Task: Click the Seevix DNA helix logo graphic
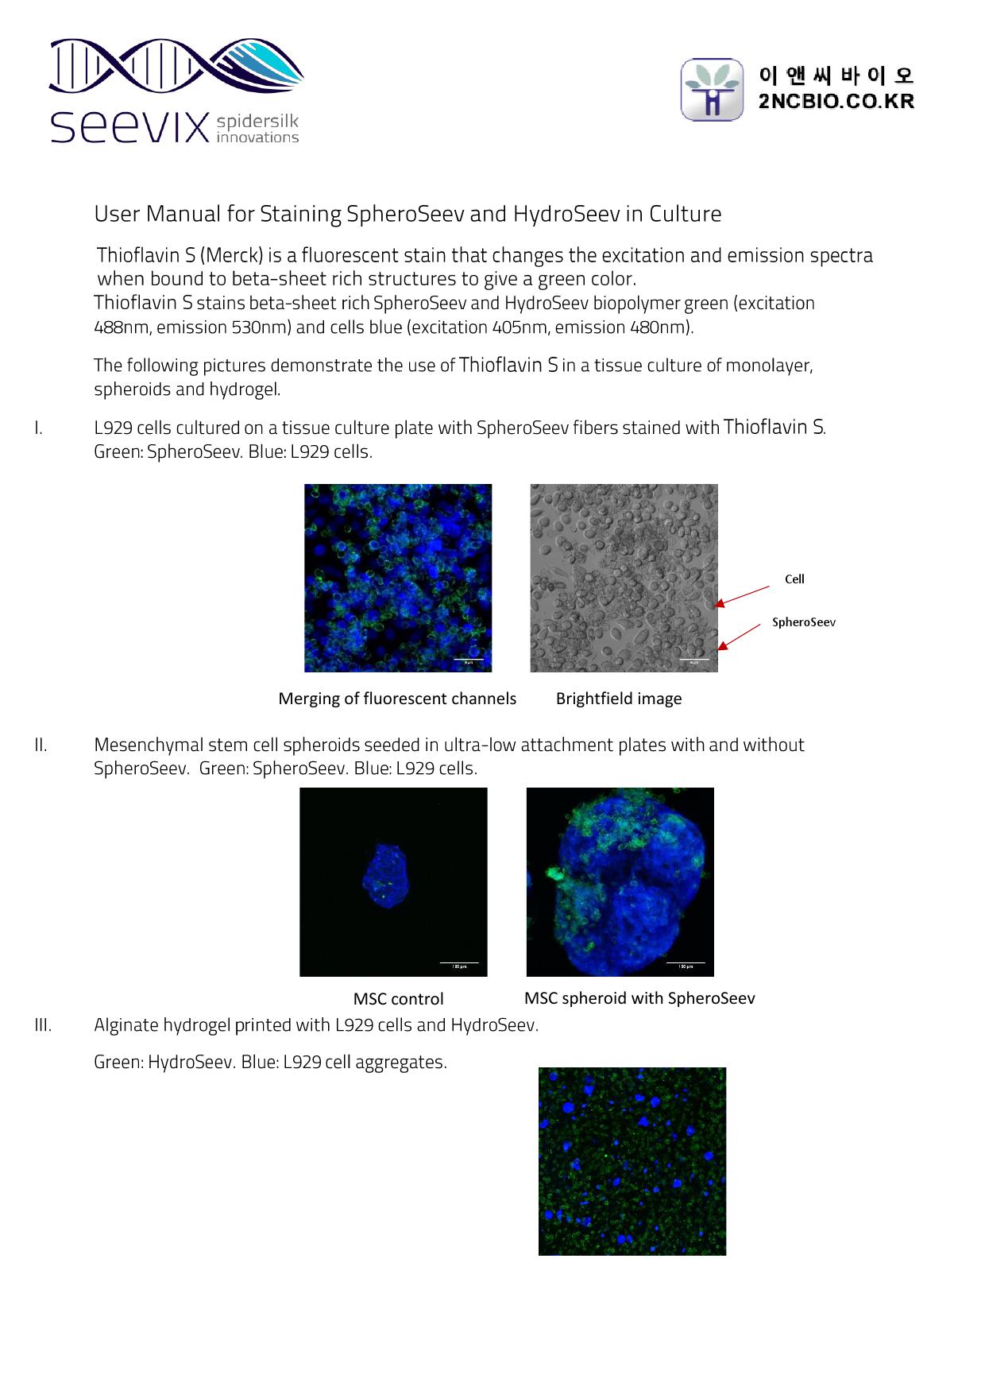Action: coord(175,68)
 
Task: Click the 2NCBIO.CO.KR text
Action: coord(836,102)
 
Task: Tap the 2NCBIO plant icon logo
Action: coord(712,89)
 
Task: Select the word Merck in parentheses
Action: coord(231,256)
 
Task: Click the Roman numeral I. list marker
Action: coord(37,428)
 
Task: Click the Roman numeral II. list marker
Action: coord(40,745)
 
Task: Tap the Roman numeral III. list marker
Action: coord(43,1025)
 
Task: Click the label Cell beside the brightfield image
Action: coord(794,579)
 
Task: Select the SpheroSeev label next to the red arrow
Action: coord(803,622)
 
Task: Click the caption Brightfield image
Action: coord(618,699)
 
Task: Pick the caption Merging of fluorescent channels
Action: coord(397,699)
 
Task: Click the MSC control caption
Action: coord(398,999)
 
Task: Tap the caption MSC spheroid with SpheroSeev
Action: coord(639,998)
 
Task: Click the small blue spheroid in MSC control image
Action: coord(384,877)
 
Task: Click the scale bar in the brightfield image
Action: coord(693,659)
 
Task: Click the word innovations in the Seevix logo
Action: coord(257,137)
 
